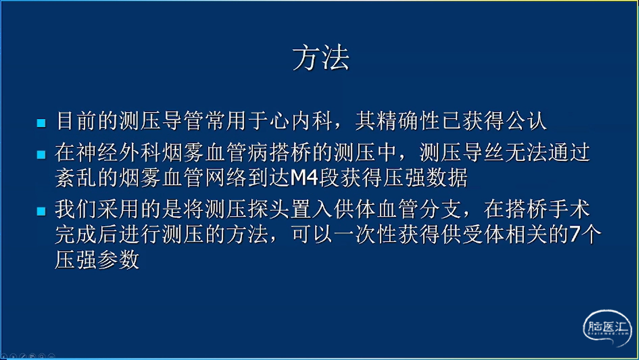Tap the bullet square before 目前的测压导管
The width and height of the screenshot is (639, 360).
point(41,123)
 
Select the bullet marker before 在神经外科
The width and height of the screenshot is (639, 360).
point(41,155)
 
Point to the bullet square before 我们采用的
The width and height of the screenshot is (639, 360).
point(41,211)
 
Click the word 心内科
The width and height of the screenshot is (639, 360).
point(301,121)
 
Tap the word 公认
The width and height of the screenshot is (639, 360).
point(526,121)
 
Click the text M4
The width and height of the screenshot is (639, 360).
point(304,178)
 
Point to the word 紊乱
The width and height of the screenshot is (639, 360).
point(75,178)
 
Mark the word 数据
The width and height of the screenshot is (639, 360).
point(447,178)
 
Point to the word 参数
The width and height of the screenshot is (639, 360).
point(118,260)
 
